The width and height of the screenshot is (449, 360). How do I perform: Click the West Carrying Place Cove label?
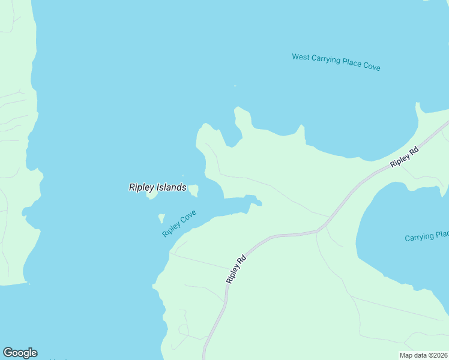point(336,62)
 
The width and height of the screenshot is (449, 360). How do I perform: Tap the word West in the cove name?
point(301,58)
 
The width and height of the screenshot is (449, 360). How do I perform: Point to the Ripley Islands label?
point(157,187)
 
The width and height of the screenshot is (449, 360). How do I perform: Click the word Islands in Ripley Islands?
point(172,187)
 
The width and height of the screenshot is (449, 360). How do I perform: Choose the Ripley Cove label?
point(179,223)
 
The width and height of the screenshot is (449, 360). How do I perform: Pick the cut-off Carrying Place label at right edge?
point(426,236)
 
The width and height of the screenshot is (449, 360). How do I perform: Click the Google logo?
point(20,353)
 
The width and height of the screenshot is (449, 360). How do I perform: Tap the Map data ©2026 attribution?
point(423,355)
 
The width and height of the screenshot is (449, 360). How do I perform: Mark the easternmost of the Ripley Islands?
point(194,191)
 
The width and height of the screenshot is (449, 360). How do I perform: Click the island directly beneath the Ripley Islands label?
point(152,196)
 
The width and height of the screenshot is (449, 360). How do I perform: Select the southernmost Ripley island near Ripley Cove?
point(161,218)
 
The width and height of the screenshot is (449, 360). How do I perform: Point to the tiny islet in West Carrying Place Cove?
point(235,86)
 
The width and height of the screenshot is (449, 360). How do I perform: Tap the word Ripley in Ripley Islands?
point(142,187)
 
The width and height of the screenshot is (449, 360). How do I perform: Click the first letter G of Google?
point(7,353)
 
